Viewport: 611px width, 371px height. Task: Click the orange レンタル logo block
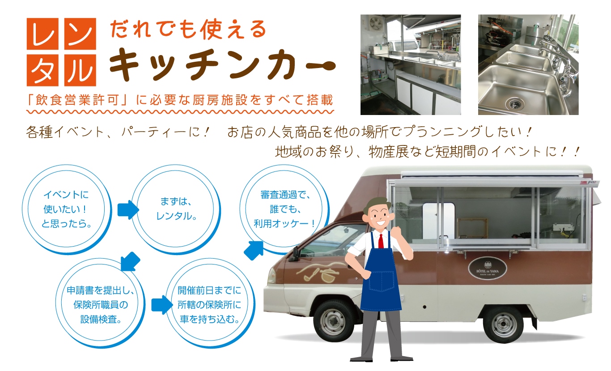click(61, 52)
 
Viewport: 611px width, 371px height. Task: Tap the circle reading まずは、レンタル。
click(176, 209)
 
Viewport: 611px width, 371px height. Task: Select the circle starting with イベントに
click(67, 209)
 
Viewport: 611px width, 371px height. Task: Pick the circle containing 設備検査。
click(100, 303)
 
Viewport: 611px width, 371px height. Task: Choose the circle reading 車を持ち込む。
click(210, 303)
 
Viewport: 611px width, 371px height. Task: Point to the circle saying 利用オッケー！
click(284, 209)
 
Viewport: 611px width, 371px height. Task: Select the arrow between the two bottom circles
click(162, 305)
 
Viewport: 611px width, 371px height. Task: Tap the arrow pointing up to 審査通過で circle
click(254, 250)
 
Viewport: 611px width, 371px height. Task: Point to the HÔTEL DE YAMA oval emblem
click(488, 269)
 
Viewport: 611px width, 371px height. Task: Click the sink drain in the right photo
click(515, 104)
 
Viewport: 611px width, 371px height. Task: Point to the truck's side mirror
click(295, 254)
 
